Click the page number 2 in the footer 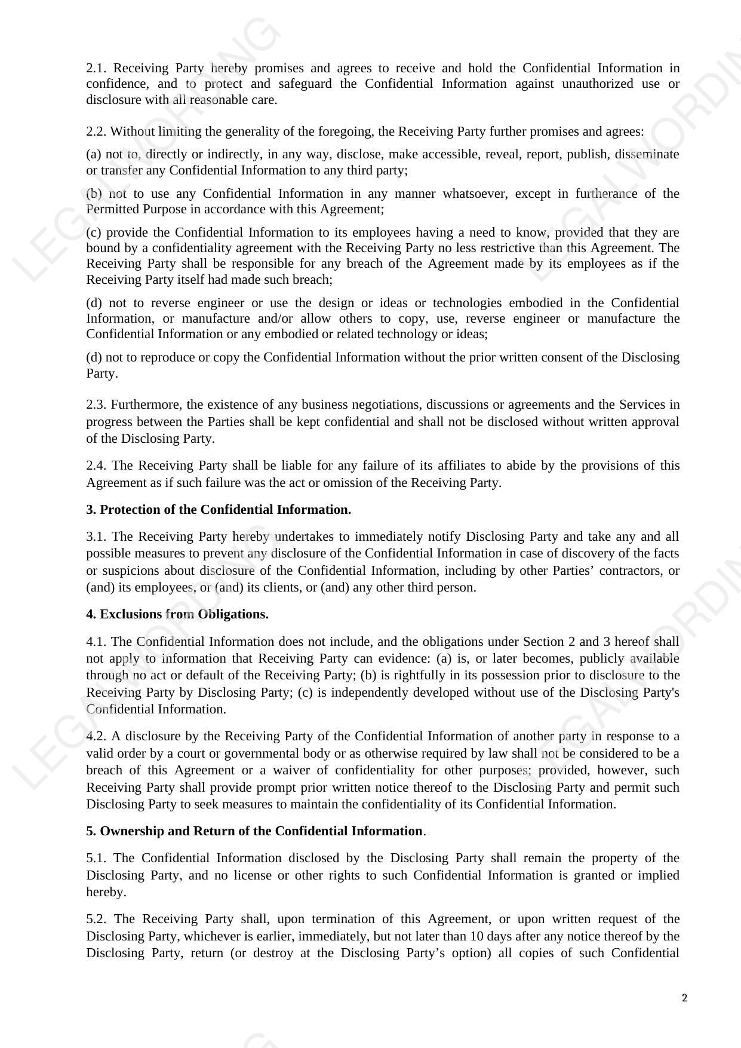click(684, 998)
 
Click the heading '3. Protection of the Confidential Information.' click(219, 510)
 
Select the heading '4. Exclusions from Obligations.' click(177, 614)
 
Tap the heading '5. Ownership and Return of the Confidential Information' click(254, 831)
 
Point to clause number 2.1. click(96, 68)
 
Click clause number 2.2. click(96, 131)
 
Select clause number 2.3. click(96, 405)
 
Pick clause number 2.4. click(96, 465)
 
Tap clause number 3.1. click(96, 537)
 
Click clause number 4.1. click(96, 642)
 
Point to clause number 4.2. click(96, 736)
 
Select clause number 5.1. click(96, 858)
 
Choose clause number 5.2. click(96, 919)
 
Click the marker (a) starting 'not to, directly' click(94, 155)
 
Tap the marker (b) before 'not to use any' click(94, 194)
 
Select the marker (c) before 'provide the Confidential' click(94, 232)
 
